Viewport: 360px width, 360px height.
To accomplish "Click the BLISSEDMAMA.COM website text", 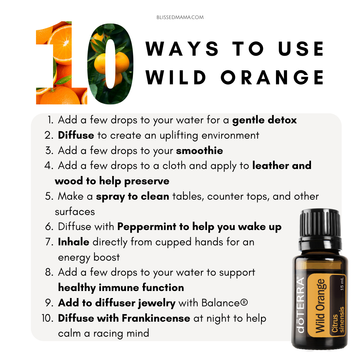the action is (180, 17).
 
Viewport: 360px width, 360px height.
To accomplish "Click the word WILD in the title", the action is (176, 78).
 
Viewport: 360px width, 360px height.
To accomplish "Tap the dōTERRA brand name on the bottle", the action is (301, 305).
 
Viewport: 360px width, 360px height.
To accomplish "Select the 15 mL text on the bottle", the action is (342, 284).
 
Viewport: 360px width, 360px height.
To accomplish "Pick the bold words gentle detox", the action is (264, 120).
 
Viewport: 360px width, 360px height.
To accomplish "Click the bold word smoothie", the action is (200, 151).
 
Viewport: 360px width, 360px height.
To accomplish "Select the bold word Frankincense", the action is (156, 318).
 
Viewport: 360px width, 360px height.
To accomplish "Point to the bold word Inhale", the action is (73, 242).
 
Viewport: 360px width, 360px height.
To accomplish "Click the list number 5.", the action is (49, 197).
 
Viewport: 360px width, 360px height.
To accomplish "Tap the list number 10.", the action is (48, 318).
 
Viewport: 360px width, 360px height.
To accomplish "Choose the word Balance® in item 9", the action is (225, 303).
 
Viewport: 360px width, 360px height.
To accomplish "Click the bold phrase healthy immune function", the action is (121, 288).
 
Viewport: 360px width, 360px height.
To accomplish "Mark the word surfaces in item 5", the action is (75, 212).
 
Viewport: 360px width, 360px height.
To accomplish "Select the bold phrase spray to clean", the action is (132, 197).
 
